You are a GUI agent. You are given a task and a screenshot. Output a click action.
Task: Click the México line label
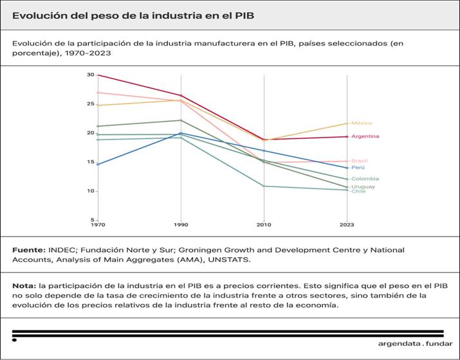click(362, 123)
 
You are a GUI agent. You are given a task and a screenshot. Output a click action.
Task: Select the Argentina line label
click(365, 136)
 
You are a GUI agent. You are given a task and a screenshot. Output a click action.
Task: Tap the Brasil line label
click(360, 161)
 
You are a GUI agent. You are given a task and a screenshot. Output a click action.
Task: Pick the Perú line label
click(358, 168)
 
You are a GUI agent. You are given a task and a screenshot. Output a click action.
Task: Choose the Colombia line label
click(365, 179)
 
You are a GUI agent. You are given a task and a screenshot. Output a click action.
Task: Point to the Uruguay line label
click(363, 186)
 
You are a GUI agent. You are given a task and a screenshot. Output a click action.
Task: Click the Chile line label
click(358, 191)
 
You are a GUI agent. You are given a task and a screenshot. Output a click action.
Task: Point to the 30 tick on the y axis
click(91, 75)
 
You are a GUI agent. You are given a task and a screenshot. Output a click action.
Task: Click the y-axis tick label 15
click(91, 162)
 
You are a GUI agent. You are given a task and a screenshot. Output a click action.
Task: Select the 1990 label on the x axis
click(181, 225)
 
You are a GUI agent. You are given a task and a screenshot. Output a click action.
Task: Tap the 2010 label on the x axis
click(264, 225)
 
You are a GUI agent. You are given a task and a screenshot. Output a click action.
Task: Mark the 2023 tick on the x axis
click(347, 225)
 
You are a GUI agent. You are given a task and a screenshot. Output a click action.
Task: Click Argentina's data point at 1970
click(98, 75)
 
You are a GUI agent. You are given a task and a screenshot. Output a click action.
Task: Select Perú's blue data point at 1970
click(98, 165)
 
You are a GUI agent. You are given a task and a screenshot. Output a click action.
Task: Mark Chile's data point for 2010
click(264, 186)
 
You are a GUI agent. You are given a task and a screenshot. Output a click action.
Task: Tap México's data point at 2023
click(347, 123)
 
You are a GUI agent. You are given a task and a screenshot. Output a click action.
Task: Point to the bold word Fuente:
click(28, 249)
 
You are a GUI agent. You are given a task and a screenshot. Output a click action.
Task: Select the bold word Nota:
click(24, 285)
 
